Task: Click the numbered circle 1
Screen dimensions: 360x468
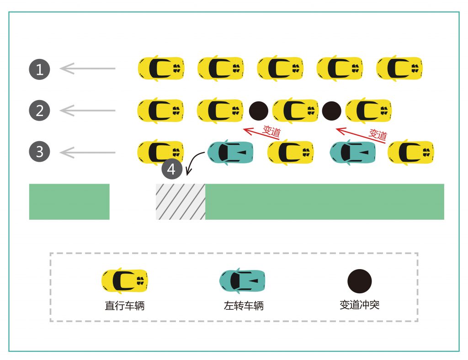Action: coord(39,69)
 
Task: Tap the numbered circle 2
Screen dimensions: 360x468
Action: coord(39,111)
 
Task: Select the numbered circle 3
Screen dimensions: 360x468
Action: coord(39,152)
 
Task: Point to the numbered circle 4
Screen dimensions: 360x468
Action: coord(171,169)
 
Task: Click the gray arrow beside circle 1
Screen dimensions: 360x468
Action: coord(87,69)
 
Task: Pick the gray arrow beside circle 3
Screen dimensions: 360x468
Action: coord(87,152)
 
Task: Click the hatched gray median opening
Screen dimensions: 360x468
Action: coord(181,201)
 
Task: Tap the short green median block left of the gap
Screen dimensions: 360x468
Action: coord(69,201)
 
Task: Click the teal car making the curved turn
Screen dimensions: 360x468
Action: coord(230,153)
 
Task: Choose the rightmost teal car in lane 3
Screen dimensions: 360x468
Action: coord(353,153)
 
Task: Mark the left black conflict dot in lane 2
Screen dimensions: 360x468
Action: coord(259,111)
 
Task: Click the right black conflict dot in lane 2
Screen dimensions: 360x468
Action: coord(332,111)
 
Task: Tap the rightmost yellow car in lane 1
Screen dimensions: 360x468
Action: coord(399,69)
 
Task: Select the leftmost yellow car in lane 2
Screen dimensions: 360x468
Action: coord(161,111)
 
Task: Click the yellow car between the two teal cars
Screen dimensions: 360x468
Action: coord(290,153)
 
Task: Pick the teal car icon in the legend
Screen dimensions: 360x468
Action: coord(242,281)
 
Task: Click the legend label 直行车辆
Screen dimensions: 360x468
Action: coord(125,306)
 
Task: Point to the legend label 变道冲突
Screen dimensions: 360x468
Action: coord(359,305)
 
